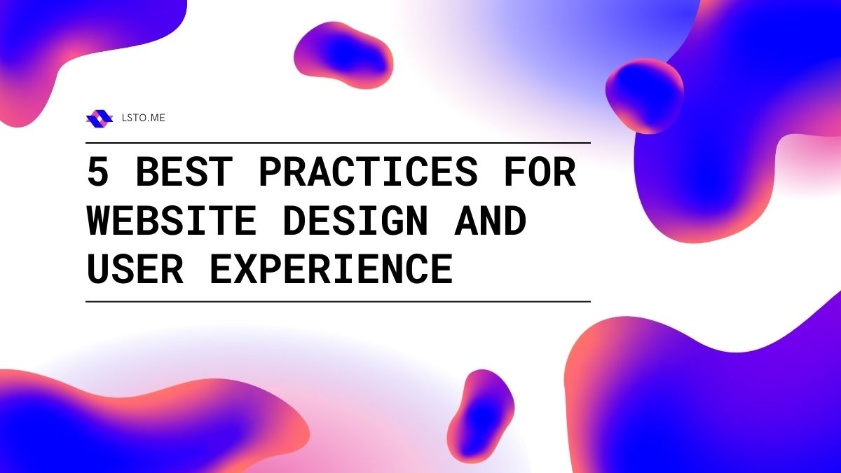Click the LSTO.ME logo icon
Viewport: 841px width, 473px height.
[100, 118]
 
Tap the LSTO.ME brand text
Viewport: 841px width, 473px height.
[144, 118]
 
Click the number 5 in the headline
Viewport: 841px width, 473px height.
[98, 172]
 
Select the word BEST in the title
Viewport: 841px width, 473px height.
[184, 172]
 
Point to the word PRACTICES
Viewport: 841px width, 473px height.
[369, 172]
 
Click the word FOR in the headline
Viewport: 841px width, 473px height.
[539, 172]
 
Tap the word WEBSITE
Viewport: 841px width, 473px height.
[172, 220]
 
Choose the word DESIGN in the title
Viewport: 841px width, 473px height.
[356, 220]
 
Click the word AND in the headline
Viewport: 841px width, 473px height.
[491, 220]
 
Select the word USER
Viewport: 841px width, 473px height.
[135, 269]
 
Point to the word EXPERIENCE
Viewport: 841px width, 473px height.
[331, 269]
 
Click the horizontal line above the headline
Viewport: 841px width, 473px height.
[338, 143]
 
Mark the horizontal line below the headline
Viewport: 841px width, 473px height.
[338, 301]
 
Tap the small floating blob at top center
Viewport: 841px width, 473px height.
[343, 55]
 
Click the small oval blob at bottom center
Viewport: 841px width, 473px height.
[481, 416]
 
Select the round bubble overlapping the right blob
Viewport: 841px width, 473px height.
[644, 96]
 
